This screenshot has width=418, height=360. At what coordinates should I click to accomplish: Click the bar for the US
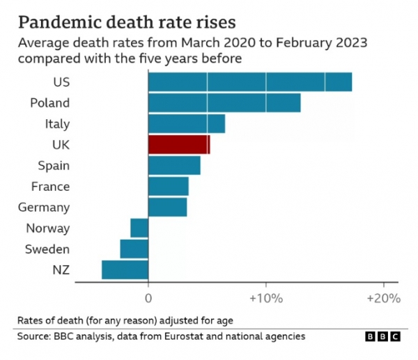tap(249, 82)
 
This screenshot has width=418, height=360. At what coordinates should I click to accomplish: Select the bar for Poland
tap(224, 103)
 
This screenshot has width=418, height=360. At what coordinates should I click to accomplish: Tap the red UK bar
tap(179, 145)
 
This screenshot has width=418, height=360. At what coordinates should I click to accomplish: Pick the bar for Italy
tap(187, 124)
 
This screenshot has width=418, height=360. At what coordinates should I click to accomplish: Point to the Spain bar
tap(174, 166)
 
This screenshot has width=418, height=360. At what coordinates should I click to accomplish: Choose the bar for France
tap(169, 187)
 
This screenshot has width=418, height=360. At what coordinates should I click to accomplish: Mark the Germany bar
tap(168, 208)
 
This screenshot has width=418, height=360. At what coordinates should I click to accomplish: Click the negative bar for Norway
tap(139, 228)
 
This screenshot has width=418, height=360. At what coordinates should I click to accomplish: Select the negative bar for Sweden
tap(134, 249)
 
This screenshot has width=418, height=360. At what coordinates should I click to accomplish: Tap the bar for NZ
tap(125, 269)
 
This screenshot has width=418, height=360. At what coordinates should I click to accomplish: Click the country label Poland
tap(49, 103)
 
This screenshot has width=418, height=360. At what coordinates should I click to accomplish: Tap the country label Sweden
tap(47, 249)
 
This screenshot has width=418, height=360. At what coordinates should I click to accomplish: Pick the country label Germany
tap(45, 208)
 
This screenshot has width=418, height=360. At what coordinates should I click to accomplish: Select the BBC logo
tap(382, 337)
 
